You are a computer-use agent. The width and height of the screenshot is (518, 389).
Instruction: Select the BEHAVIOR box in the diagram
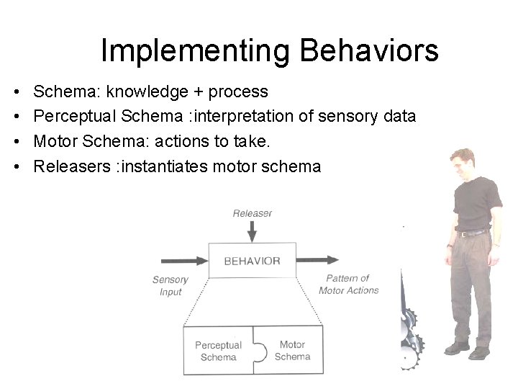pos(252,261)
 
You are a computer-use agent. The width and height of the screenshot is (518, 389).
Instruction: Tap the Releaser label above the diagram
pos(252,213)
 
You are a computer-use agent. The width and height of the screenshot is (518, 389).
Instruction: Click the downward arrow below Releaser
pos(252,231)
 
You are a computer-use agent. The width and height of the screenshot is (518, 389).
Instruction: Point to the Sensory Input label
pos(171,285)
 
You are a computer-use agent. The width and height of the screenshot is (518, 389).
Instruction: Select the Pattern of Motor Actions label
pos(348,284)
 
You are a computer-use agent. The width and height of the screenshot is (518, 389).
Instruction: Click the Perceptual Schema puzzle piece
pos(218,351)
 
